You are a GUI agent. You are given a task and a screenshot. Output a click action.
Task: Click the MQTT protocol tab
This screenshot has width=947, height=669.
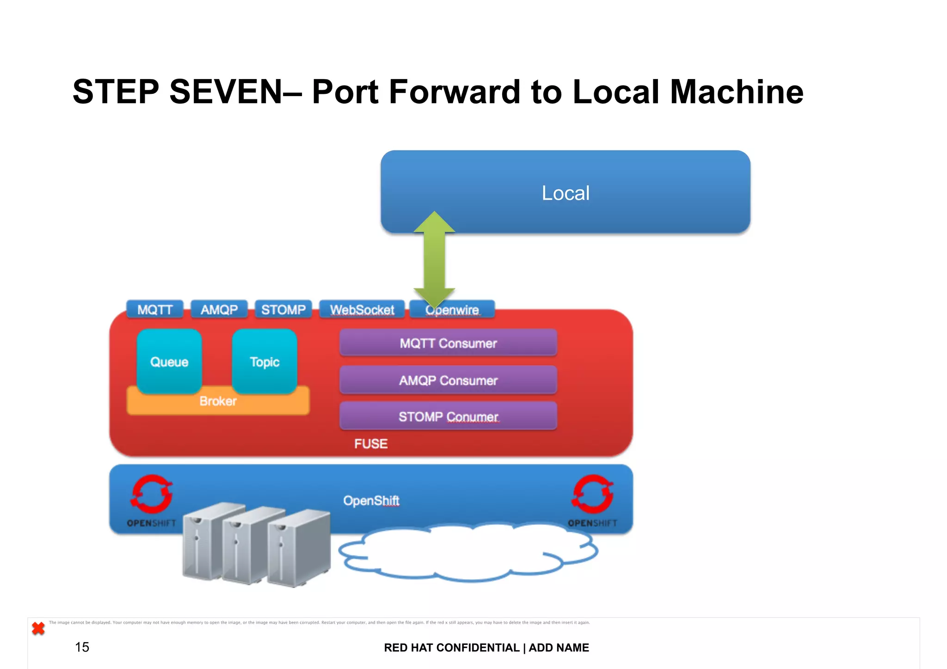155,309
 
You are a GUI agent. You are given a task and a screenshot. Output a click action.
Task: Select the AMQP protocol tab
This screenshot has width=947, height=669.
219,309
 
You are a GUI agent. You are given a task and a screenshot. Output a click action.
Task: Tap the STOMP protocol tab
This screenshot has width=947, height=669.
283,309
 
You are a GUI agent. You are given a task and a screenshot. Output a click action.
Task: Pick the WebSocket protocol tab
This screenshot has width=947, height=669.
362,309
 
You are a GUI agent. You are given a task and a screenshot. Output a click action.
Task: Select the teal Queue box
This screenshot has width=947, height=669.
169,362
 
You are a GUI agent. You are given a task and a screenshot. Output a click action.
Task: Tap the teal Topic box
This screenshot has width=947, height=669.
264,362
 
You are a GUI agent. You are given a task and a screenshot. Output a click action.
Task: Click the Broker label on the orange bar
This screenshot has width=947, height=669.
218,401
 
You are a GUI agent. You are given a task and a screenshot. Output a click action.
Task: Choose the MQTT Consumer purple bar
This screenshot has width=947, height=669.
448,343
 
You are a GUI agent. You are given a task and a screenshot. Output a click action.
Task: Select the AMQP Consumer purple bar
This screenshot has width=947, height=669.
448,380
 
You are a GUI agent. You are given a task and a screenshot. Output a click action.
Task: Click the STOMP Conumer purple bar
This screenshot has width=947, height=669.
448,417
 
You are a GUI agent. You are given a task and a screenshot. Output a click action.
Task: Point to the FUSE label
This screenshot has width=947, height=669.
371,444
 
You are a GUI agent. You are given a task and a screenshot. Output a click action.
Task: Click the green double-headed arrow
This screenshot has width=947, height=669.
434,259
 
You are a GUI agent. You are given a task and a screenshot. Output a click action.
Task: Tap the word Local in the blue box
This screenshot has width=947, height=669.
566,193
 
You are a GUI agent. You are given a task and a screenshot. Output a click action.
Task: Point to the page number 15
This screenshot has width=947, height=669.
82,647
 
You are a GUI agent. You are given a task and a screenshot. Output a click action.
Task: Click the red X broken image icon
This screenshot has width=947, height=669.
38,628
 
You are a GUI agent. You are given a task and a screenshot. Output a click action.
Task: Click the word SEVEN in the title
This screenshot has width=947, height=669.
226,92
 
